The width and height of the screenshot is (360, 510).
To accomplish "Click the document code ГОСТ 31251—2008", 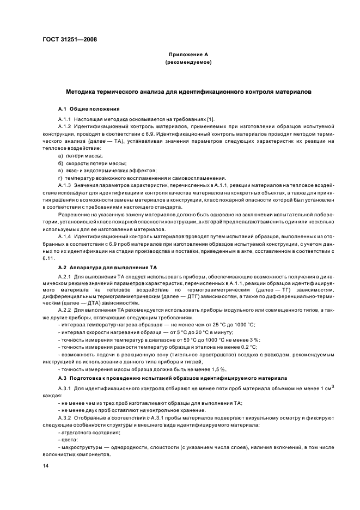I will pyautogui.click(x=66, y=39).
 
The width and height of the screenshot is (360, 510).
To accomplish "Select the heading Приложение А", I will pyautogui.click(x=188, y=56).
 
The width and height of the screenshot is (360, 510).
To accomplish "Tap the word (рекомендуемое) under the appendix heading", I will pyautogui.click(x=188, y=63).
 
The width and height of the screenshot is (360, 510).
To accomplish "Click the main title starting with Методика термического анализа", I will pyautogui.click(x=188, y=93).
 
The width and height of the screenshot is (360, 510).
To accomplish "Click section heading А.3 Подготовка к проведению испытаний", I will pyautogui.click(x=157, y=377).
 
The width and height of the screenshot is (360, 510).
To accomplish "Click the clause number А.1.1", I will pyautogui.click(x=65, y=119).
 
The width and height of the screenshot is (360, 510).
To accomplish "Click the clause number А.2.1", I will pyautogui.click(x=65, y=277).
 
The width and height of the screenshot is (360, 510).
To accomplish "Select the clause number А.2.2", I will pyautogui.click(x=65, y=309).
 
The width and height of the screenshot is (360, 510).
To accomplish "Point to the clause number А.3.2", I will pyautogui.click(x=65, y=417).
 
